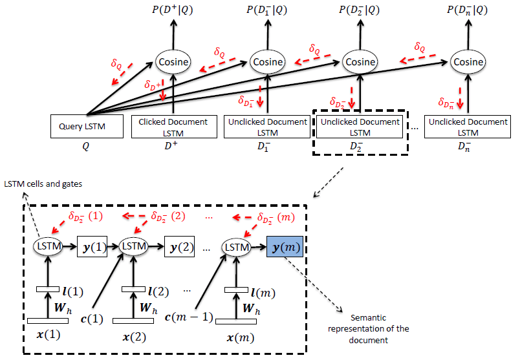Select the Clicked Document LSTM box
coord(173,127)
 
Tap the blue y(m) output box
coord(287,246)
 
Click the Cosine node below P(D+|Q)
coord(173,62)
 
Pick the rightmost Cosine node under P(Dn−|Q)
coord(468,62)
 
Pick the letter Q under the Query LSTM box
coord(86,146)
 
